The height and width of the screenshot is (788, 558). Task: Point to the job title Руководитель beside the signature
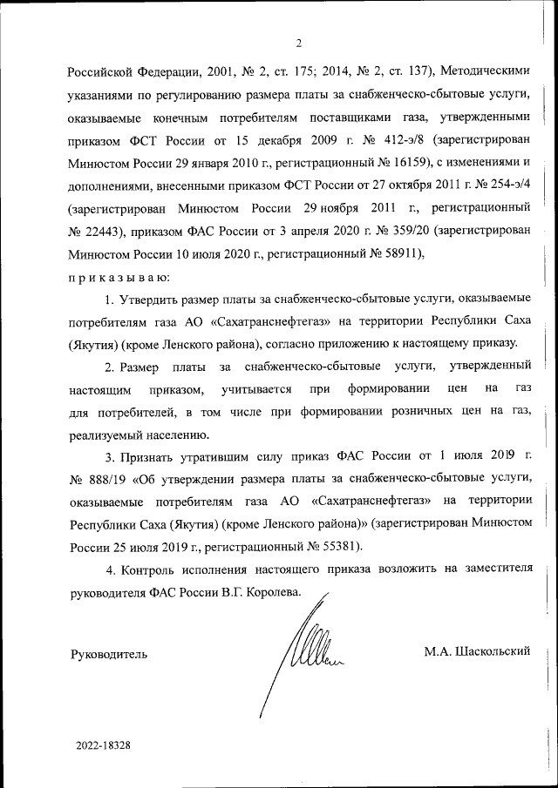108,653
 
